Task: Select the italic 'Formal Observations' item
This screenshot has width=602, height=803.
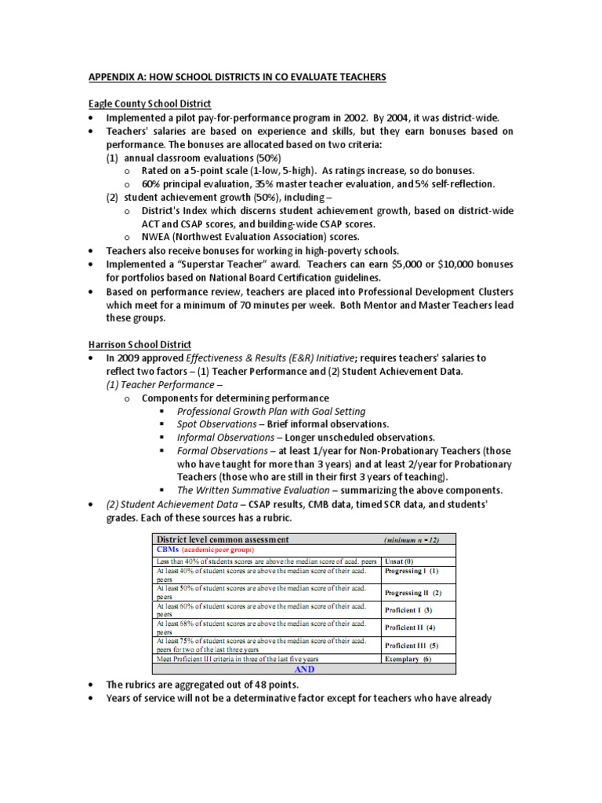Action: click(x=222, y=451)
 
